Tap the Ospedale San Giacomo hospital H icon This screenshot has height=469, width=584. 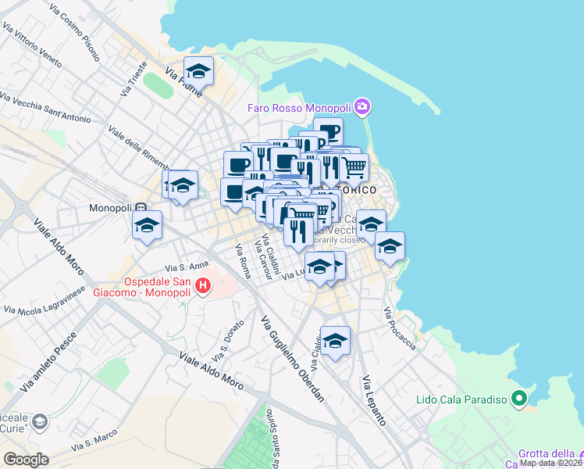(203, 286)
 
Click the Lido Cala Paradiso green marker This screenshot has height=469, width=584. (518, 399)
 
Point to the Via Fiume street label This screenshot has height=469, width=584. (183, 81)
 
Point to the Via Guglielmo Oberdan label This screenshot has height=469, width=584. (292, 360)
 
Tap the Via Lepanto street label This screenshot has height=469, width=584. (373, 399)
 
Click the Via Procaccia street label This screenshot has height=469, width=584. (398, 328)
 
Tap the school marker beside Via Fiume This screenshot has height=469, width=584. (198, 70)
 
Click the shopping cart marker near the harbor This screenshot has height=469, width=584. (354, 166)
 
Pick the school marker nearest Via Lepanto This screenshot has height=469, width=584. (336, 340)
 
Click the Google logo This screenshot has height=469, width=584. (27, 460)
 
